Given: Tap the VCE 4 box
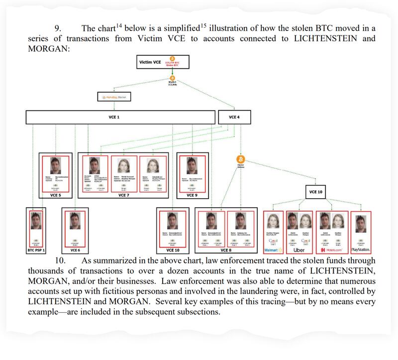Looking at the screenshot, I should pos(233,117).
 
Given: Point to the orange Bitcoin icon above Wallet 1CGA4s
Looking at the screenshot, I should pos(172,78).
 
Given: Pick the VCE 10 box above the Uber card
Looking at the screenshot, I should pos(317,192).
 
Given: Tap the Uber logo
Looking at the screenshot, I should pos(299,249).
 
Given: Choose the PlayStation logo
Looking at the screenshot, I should pos(361,249).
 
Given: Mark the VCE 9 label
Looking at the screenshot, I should pos(192,195).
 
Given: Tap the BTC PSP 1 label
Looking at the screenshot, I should pos(36,250).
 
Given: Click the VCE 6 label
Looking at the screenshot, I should pos(75,250).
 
